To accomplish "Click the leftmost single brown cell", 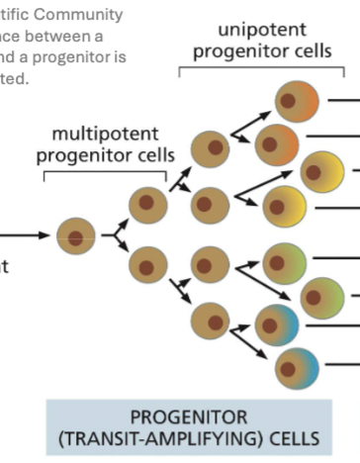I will [x=75, y=235].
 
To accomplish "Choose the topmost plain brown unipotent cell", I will [x=209, y=148].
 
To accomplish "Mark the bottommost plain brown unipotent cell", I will [x=209, y=322].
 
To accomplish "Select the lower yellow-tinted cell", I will [x=284, y=205].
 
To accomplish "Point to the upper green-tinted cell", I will [x=284, y=261].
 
